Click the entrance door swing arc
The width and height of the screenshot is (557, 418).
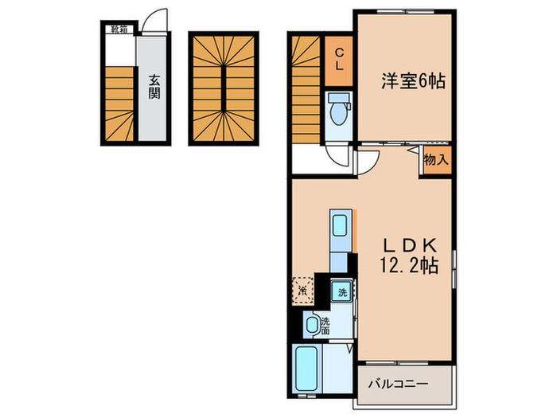[158, 20]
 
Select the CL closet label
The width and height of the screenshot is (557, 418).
[339, 60]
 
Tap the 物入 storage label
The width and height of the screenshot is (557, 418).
[436, 160]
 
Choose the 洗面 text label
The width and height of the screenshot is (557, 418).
[325, 326]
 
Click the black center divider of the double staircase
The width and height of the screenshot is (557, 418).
[223, 88]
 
